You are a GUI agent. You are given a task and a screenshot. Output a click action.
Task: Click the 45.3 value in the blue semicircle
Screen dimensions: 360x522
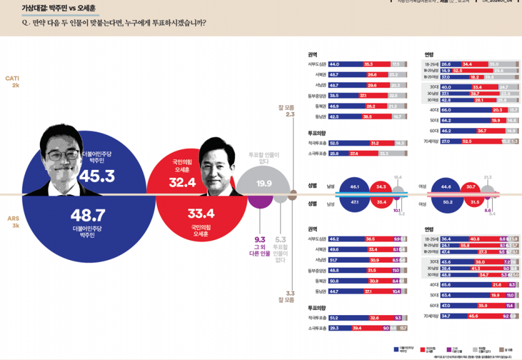(x=96, y=176)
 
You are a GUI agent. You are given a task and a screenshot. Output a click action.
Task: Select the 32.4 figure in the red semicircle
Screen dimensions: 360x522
(x=183, y=182)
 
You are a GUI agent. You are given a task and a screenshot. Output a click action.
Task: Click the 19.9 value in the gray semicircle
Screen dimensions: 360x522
(x=264, y=183)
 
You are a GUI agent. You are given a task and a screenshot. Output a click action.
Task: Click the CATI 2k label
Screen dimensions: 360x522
(x=13, y=81)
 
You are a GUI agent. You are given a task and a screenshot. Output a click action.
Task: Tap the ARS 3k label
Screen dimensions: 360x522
(x=13, y=221)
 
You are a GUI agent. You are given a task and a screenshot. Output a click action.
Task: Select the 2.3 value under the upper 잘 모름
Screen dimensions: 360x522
(x=290, y=115)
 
